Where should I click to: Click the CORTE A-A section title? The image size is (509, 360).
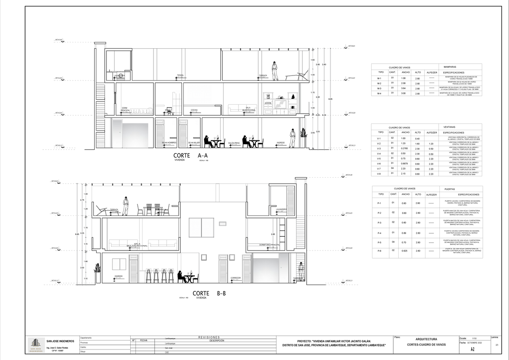193,156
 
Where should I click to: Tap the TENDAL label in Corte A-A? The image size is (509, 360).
181,75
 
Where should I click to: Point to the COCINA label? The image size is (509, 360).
194,110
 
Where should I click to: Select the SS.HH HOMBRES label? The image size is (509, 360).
169,142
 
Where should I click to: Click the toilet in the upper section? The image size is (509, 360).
169,109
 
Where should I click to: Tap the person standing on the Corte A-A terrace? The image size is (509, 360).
275,70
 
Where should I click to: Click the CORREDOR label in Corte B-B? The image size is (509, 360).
236,278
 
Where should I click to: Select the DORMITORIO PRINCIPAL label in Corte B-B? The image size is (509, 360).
270,245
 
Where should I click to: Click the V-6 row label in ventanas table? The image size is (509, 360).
379,164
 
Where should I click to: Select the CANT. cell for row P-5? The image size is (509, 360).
393,242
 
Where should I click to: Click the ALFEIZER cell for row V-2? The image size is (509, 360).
431,144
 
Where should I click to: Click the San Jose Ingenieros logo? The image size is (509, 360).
36,345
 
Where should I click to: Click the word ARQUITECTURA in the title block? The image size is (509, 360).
426,339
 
